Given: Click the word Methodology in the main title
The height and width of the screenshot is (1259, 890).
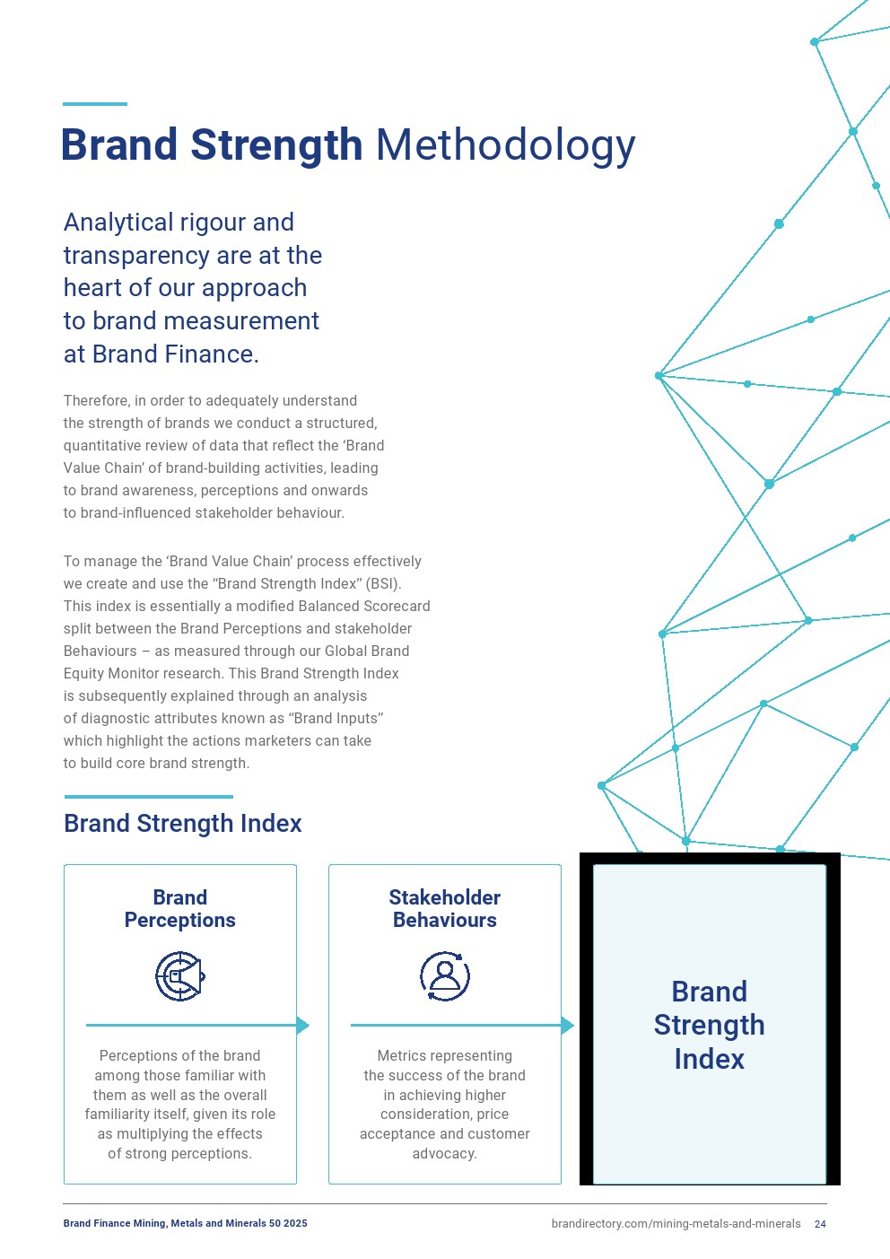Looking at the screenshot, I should point(505,145).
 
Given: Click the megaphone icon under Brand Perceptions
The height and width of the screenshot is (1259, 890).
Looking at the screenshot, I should point(180,976).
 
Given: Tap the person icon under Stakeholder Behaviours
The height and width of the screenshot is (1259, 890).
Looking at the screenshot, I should point(445,976).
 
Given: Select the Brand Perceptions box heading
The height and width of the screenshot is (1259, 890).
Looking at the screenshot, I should point(180,909).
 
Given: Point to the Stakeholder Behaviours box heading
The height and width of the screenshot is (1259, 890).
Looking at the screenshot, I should point(445,909).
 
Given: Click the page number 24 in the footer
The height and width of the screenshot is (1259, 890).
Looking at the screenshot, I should point(820,1224).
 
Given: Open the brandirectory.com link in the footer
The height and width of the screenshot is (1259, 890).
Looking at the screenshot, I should point(676,1224).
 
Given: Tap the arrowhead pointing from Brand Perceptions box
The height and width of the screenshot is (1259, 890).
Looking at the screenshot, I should point(303,1025).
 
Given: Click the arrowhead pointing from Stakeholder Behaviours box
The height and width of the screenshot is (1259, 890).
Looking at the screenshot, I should point(568,1025).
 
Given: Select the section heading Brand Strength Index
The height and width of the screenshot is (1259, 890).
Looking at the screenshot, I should point(183,824).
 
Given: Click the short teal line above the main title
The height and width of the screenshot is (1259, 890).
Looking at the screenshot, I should point(95,104).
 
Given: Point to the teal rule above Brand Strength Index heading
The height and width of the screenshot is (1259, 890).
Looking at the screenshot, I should point(149,796).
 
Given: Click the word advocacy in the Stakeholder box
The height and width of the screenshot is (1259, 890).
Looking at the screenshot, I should point(444,1154).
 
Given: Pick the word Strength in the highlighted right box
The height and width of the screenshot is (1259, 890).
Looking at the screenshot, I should point(709,1025).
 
